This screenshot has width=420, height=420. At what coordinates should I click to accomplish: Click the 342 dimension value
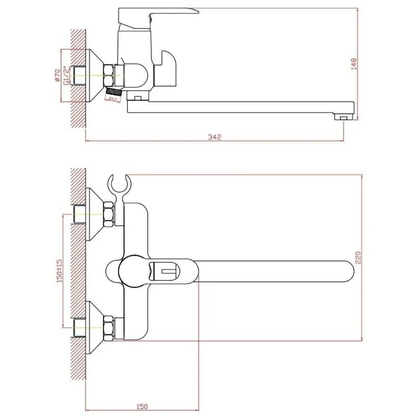(214, 137)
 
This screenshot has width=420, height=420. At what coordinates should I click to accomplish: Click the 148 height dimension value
(353, 63)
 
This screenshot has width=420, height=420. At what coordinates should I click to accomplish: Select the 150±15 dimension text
(60, 271)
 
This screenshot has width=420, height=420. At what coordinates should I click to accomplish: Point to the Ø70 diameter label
(57, 75)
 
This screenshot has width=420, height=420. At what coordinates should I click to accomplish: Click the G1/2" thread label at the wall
(66, 75)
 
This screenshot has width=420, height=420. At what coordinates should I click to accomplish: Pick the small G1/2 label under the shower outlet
(113, 100)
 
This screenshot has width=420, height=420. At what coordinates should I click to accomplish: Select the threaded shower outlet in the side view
(114, 92)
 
